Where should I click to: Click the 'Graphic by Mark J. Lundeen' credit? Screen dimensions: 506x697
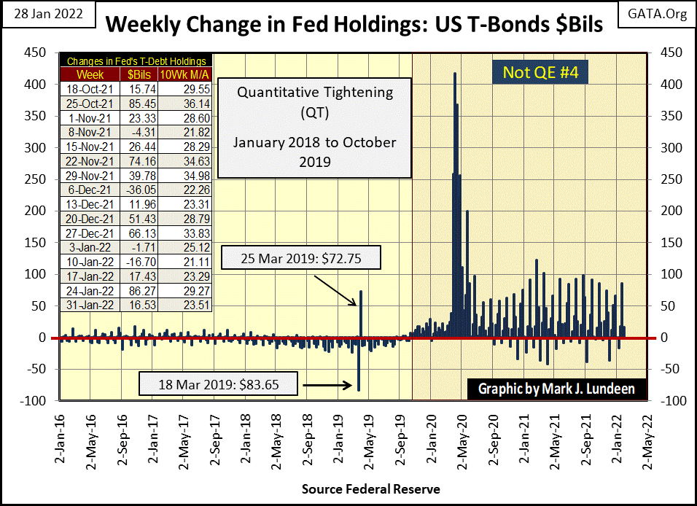point(556,389)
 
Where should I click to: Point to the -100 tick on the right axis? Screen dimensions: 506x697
point(671,401)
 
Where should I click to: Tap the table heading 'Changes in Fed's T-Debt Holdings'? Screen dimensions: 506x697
point(136,61)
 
